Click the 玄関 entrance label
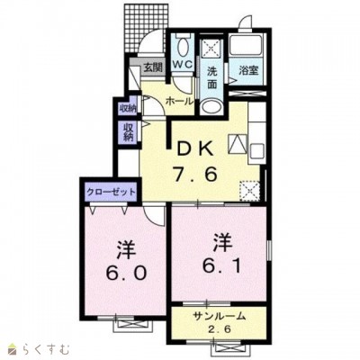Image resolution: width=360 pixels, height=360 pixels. point(152,66)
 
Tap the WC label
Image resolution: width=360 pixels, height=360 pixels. point(182,66)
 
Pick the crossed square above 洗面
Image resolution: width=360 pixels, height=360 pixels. point(211,47)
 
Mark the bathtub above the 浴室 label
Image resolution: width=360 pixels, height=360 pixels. point(245,45)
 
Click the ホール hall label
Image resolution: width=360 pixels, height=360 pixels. point(176,102)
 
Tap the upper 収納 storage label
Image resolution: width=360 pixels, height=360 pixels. point(128,109)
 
